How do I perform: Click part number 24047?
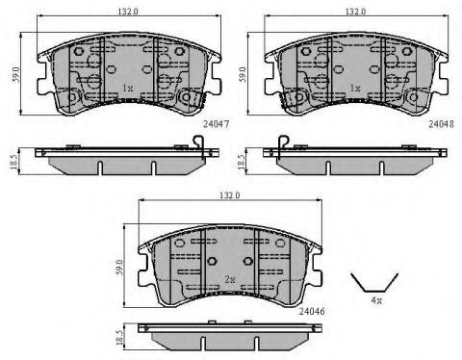click(216, 124)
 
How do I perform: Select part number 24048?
click(442, 124)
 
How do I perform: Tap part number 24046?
click(312, 311)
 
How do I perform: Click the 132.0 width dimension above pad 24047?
click(128, 12)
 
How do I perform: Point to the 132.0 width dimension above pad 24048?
click(355, 12)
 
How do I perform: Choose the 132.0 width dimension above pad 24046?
click(230, 195)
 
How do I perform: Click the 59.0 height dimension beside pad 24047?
click(16, 74)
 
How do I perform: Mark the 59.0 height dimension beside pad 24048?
click(244, 74)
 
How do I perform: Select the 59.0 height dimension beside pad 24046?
click(119, 267)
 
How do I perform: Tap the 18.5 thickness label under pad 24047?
click(13, 162)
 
